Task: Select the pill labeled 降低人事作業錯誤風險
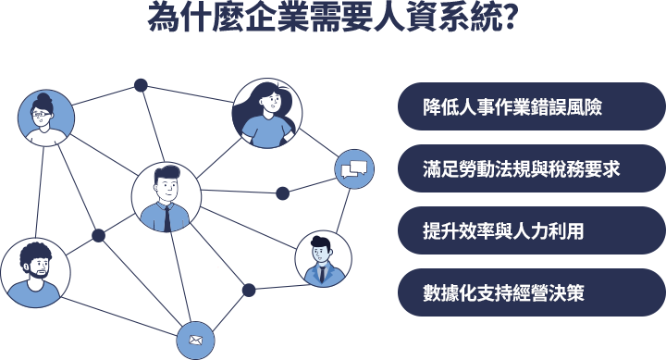[530, 106]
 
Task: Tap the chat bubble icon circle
[354, 168]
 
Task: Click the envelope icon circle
[194, 340]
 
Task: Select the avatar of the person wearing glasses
[42, 118]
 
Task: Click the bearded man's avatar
[35, 274]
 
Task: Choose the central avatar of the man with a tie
[166, 197]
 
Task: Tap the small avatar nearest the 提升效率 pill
[323, 259]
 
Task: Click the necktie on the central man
[166, 217]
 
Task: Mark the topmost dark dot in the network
[141, 85]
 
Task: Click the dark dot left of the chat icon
[283, 193]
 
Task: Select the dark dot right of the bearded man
[98, 236]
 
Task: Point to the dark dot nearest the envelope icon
[248, 291]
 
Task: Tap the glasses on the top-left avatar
[41, 115]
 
